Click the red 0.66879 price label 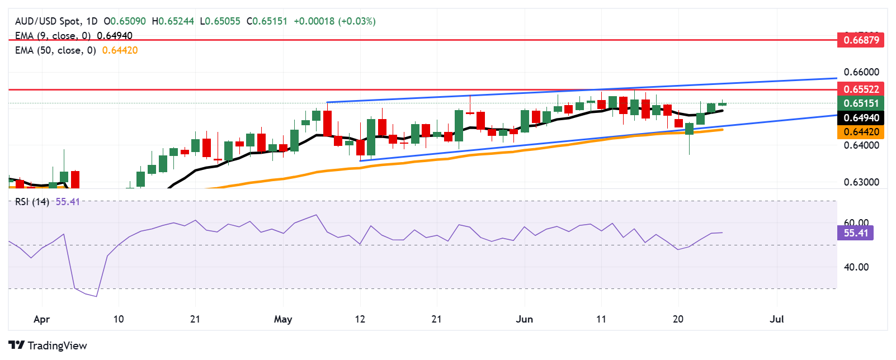coord(861,40)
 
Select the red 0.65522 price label coord(861,89)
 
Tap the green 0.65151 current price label coord(861,103)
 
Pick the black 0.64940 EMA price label coord(861,118)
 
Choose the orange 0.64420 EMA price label coord(861,132)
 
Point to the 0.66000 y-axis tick coord(861,72)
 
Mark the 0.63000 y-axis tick coord(861,182)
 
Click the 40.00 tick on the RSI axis coord(856,267)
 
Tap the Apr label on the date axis coord(41,319)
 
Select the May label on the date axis coord(283,319)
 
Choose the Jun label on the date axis coord(524,319)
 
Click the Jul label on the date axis coord(776,319)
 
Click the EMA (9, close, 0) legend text coord(53,36)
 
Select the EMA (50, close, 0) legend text coord(55,50)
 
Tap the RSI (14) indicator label coord(32,202)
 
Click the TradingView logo coord(48,345)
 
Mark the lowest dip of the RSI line coord(97,296)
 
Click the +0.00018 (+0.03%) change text coord(334,21)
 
